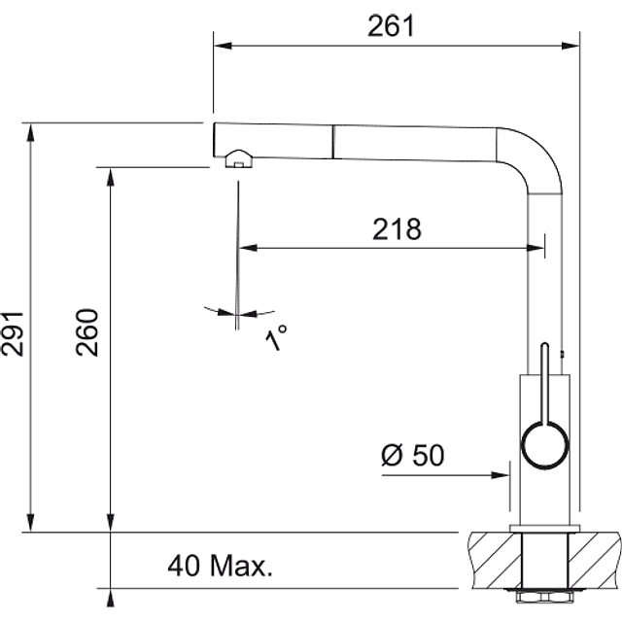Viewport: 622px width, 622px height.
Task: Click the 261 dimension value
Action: (x=391, y=26)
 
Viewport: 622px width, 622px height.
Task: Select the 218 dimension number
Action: (x=397, y=229)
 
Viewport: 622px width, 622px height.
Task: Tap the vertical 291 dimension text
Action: (x=13, y=333)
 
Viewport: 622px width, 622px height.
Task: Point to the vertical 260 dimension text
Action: (x=86, y=332)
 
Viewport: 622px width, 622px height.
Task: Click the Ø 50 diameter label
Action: (x=412, y=455)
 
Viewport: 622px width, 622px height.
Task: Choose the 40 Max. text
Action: (x=221, y=566)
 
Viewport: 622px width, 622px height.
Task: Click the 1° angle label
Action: (x=276, y=337)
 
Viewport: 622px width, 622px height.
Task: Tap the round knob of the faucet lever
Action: (x=545, y=445)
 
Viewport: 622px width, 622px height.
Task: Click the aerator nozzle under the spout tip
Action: (x=239, y=159)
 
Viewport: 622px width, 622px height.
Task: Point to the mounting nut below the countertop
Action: (x=544, y=597)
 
